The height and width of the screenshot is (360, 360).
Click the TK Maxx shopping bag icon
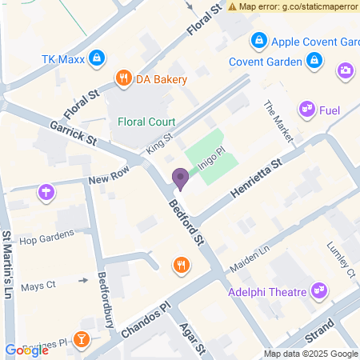click(96, 58)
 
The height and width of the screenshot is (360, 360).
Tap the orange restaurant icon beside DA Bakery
click(123, 78)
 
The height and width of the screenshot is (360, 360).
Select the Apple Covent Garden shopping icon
click(258, 40)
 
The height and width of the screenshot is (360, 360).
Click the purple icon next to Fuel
click(306, 109)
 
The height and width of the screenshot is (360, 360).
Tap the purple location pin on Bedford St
click(181, 180)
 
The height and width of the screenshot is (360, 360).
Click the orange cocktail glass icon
click(81, 341)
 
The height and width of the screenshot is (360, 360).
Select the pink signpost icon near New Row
click(47, 191)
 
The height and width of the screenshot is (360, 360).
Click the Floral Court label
click(146, 122)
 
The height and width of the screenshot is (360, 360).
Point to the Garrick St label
click(73, 133)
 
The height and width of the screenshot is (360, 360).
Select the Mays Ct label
click(38, 285)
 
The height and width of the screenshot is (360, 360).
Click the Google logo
click(26, 350)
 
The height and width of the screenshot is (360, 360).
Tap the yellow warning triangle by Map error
click(232, 6)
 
